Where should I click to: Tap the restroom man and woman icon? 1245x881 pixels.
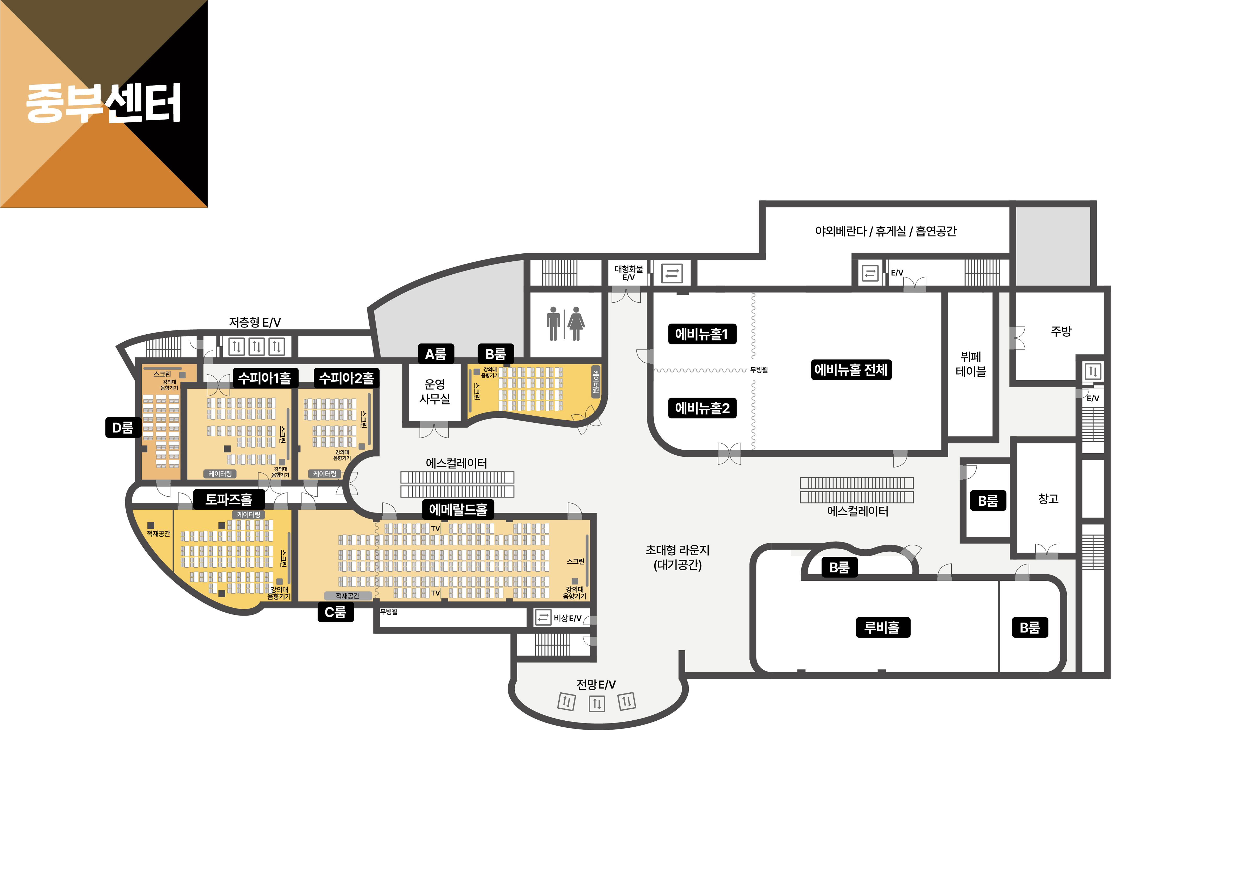pos(565,324)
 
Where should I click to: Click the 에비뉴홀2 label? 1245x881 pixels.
pos(702,408)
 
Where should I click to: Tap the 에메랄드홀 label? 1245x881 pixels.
pos(458,509)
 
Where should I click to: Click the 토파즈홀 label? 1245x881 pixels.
pos(229,499)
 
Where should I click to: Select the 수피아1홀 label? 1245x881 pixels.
pos(265,378)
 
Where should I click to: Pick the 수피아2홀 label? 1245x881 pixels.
pos(347,378)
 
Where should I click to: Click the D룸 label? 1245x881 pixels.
pos(123,427)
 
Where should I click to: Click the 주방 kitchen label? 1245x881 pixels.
pos(1061,331)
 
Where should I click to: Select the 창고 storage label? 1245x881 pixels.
pos(1048,499)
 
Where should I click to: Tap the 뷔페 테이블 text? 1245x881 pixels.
pos(971,364)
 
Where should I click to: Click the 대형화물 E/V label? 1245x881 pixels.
pos(628,273)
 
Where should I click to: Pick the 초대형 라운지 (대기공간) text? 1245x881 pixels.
pos(677,557)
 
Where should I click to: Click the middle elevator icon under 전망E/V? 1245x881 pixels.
pos(597,704)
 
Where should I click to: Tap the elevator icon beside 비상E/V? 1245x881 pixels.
pos(543,617)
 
